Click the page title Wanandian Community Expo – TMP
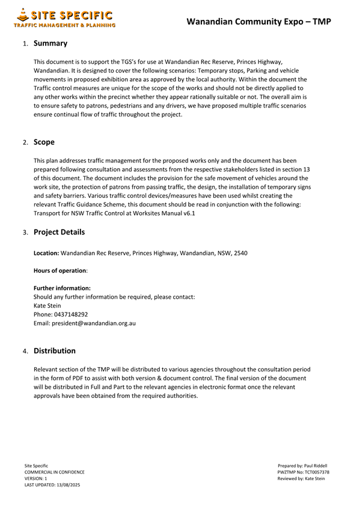click(258, 22)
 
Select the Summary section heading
click(50, 43)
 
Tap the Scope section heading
click(44, 142)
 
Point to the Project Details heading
click(59, 232)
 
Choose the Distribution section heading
click(54, 350)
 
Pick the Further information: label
click(62, 288)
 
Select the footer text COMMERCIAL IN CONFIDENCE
click(54, 472)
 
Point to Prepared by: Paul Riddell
click(302, 466)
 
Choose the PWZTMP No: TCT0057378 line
click(303, 472)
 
